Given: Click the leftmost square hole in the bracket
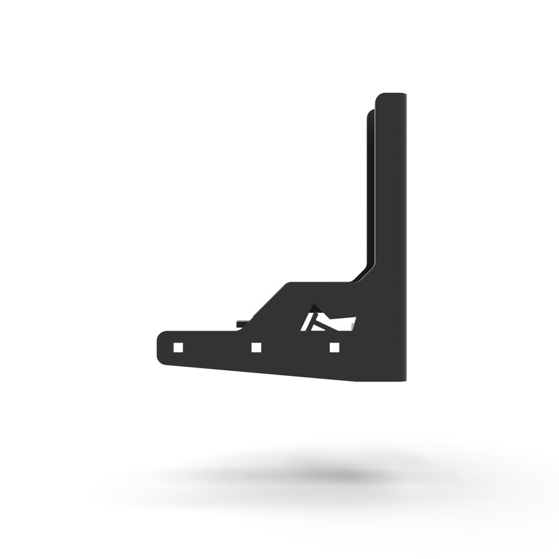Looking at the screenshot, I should pyautogui.click(x=178, y=347).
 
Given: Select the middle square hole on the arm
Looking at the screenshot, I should pyautogui.click(x=256, y=347).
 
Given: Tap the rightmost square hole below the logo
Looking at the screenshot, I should pyautogui.click(x=334, y=347).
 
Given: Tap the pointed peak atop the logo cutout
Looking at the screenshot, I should pyautogui.click(x=314, y=305).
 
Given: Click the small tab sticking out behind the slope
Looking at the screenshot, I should pyautogui.click(x=241, y=323).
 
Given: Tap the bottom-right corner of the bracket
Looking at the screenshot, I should pyautogui.click(x=404, y=382).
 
